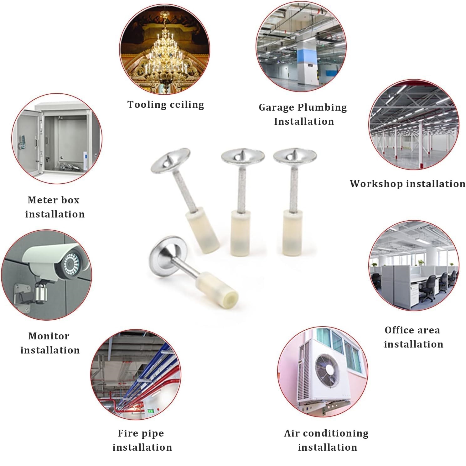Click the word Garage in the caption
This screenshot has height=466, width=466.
click(x=276, y=108)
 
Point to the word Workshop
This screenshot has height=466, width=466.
click(x=372, y=184)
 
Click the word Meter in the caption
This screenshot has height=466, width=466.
click(x=40, y=200)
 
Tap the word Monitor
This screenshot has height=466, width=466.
click(x=49, y=336)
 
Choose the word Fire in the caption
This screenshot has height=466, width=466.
click(x=127, y=433)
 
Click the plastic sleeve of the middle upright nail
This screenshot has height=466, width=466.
click(x=242, y=233)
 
